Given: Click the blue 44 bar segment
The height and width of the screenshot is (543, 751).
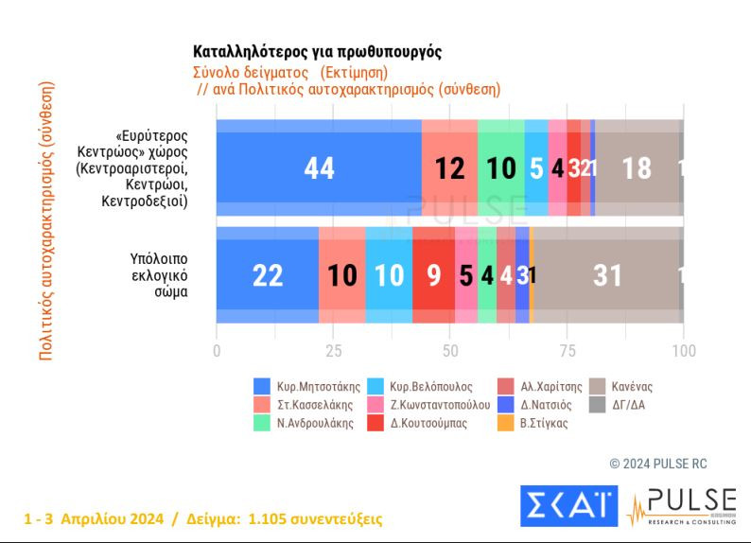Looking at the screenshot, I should click(x=319, y=167).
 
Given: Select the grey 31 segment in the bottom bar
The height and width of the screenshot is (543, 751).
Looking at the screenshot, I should click(x=606, y=275).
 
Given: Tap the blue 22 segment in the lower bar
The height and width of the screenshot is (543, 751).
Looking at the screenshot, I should click(x=268, y=275).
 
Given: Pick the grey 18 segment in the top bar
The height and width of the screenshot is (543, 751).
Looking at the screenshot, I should click(x=637, y=167).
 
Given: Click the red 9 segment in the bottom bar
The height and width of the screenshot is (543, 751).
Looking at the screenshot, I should click(x=433, y=275).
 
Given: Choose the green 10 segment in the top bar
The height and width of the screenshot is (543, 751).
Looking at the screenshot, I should click(x=500, y=167).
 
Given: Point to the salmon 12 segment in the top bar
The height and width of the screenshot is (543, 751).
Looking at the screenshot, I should click(x=449, y=167).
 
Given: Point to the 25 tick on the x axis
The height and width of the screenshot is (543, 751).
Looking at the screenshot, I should click(x=333, y=351).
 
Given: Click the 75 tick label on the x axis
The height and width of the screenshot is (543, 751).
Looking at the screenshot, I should click(x=567, y=351).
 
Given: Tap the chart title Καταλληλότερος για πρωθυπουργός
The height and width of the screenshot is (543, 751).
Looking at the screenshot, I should click(x=317, y=52).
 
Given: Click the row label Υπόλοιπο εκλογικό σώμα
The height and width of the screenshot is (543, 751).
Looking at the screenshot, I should click(x=158, y=274).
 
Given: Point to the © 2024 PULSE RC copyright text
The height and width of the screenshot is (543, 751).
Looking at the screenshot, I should click(x=659, y=464).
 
